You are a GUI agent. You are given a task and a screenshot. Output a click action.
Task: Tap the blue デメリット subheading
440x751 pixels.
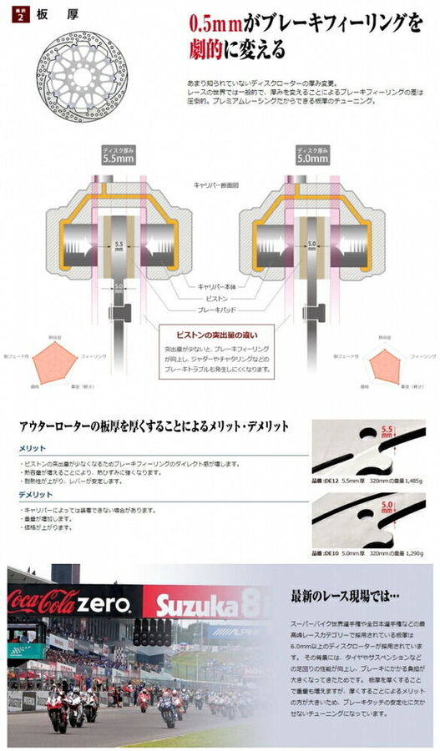click(38, 494)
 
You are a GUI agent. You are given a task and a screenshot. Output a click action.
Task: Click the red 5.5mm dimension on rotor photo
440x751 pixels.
click(386, 431)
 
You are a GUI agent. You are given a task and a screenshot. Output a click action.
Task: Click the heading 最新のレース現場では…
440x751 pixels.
click(346, 596)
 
